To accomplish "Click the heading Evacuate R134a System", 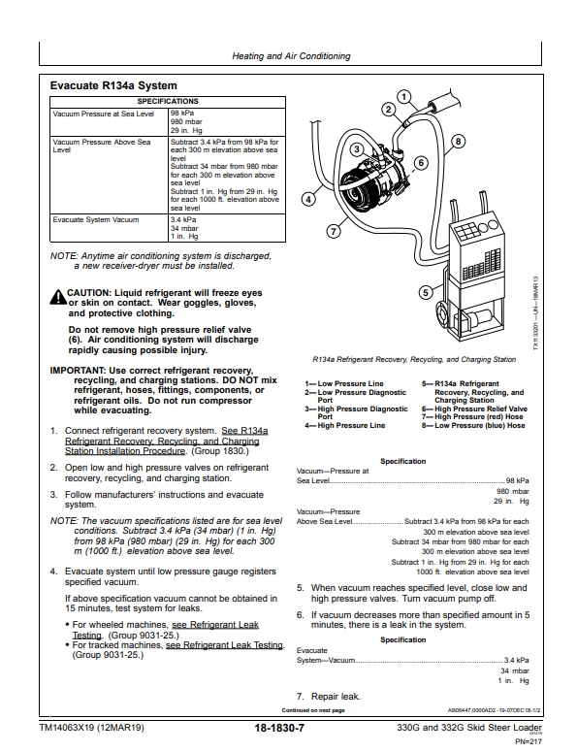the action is coord(113,85).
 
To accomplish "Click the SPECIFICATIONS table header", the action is coord(168,102).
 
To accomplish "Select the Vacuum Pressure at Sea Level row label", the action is coord(104,114).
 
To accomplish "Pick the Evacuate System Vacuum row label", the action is coord(96,219).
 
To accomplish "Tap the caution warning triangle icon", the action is coord(58,297).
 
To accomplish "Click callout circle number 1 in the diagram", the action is coord(404,97).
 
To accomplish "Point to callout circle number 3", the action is coord(357,149).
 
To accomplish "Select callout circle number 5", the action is coord(426,292).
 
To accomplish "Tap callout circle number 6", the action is coord(421,163).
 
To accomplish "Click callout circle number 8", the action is coord(458,142).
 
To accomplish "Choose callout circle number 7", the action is coord(334,232).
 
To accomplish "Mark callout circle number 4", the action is coord(308,199).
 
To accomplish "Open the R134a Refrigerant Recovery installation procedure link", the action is coord(166,441).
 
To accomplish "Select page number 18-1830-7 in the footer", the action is coord(279,728).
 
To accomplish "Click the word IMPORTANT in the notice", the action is coord(78,371).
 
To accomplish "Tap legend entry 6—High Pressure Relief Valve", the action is coord(474,409).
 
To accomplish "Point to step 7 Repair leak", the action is coord(329,697).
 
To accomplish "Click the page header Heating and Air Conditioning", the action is coord(291,56).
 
